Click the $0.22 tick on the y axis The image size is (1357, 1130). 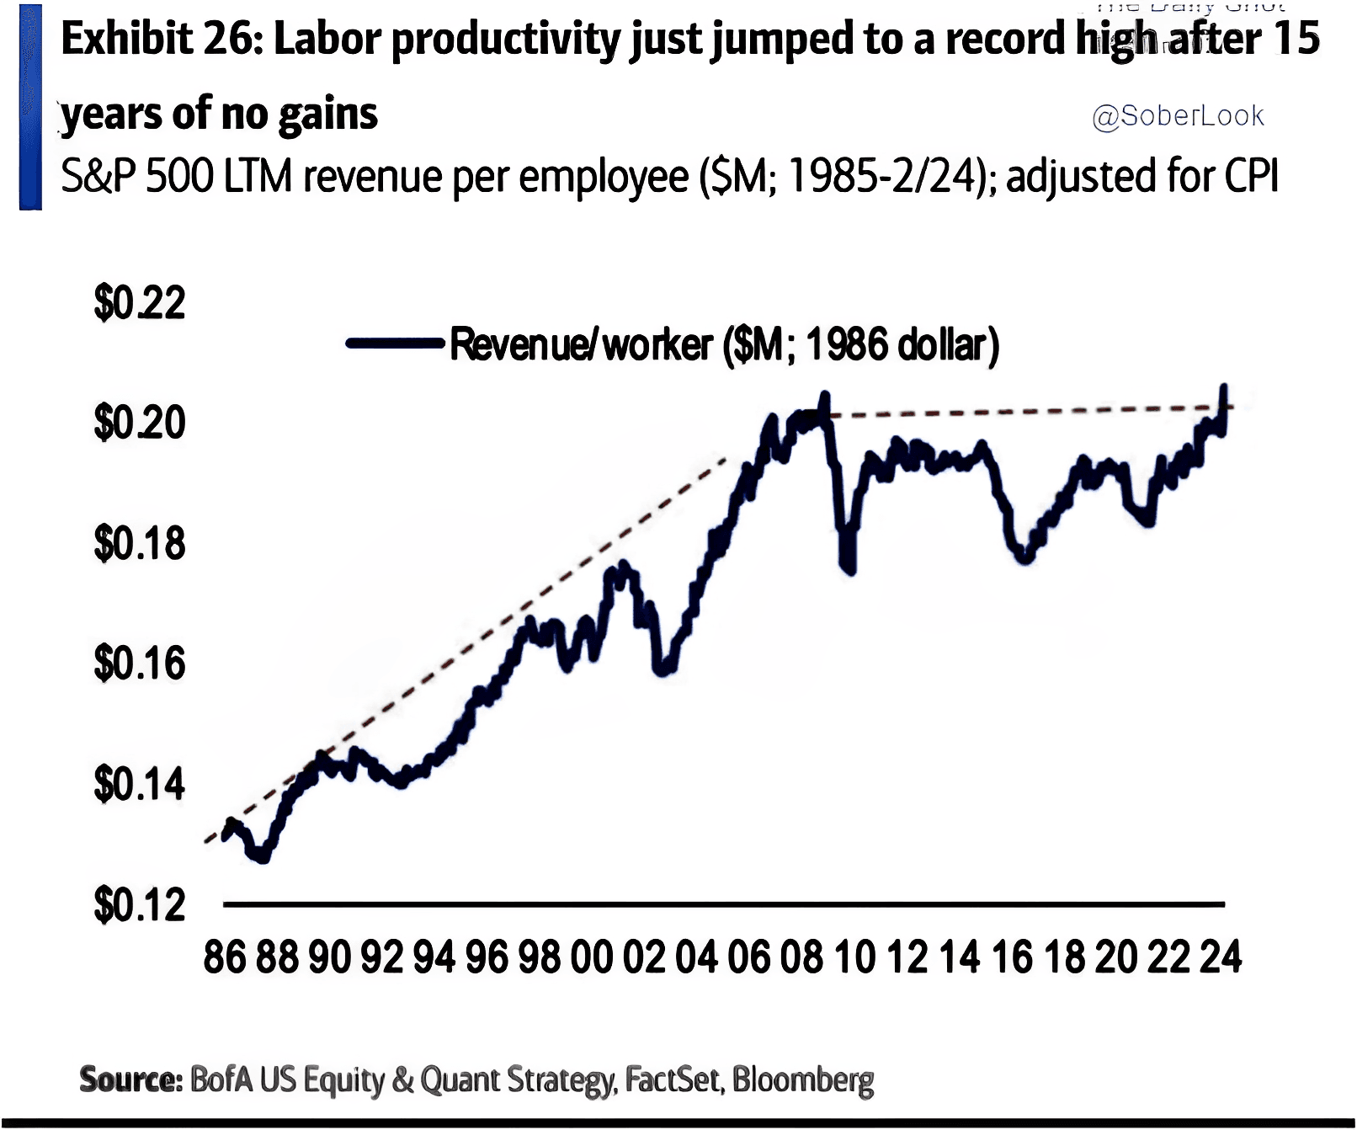[x=140, y=303]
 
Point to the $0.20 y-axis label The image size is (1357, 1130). [x=140, y=423]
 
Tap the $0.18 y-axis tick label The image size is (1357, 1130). [x=140, y=544]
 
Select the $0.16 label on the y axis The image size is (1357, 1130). [x=140, y=664]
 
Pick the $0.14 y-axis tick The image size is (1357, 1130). [x=140, y=784]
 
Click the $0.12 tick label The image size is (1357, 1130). [x=140, y=905]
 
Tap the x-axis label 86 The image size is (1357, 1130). [x=225, y=957]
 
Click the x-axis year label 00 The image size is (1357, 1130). [x=592, y=957]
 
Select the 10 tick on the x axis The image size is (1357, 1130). [x=854, y=957]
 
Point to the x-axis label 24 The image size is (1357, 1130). [x=1221, y=957]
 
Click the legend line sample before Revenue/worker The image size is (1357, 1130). [x=395, y=343]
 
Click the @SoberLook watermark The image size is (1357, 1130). [x=1178, y=116]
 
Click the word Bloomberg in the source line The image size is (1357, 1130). [x=802, y=1079]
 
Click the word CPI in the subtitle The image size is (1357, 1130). [x=1251, y=177]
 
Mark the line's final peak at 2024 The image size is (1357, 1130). [x=1224, y=387]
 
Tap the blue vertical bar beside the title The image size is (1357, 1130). [x=30, y=107]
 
